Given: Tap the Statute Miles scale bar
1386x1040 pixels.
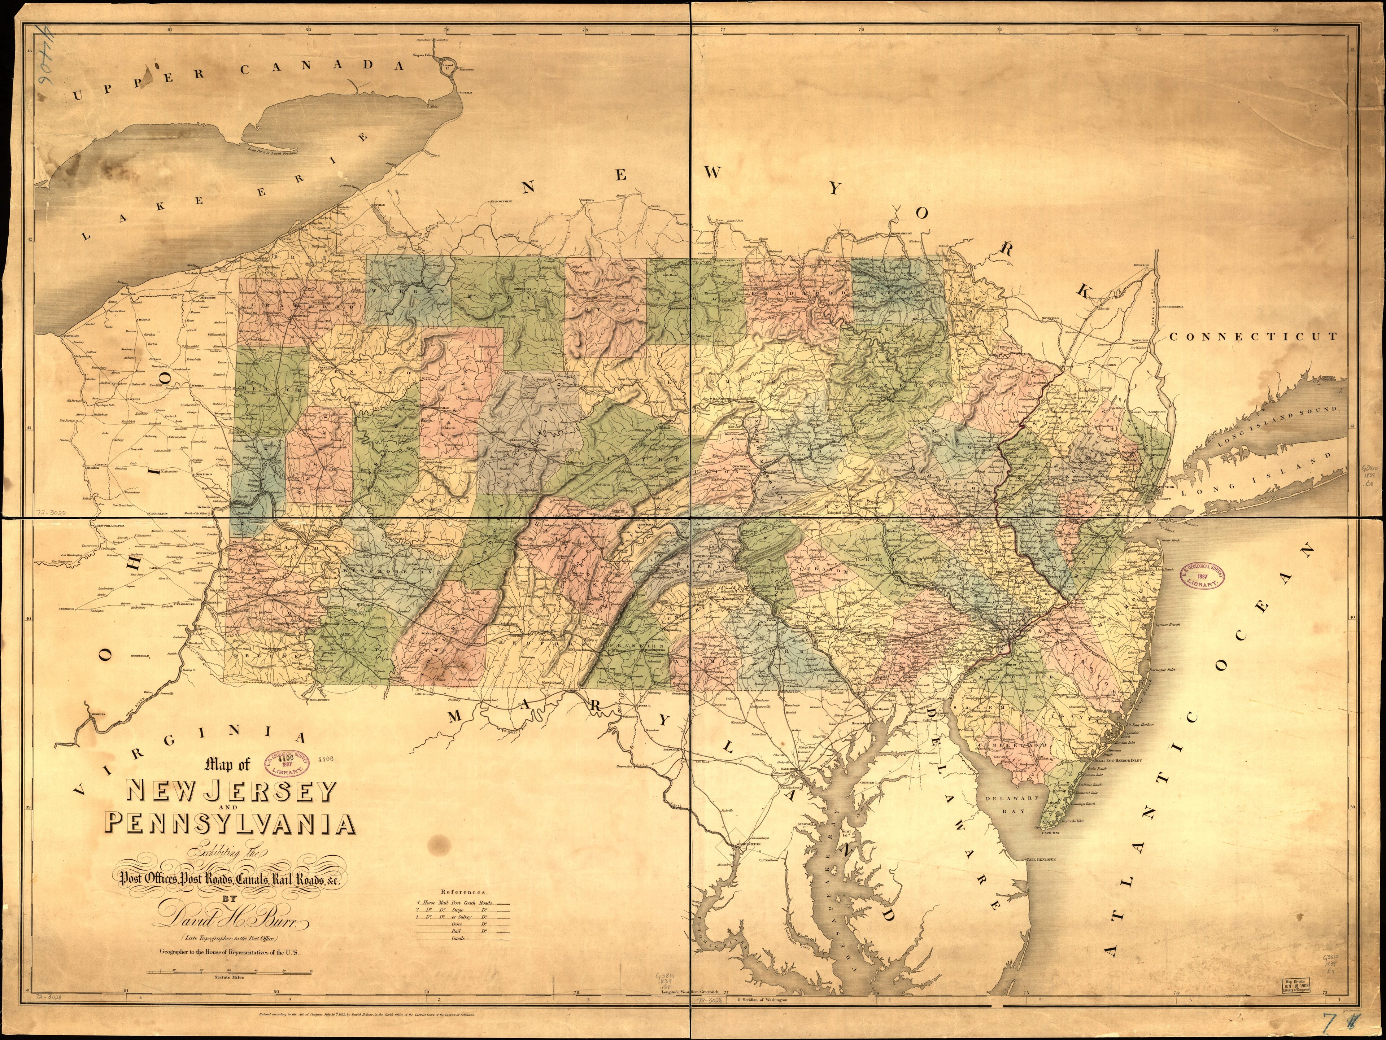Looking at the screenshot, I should pyautogui.click(x=229, y=971).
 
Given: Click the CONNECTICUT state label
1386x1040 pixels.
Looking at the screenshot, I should pyautogui.click(x=1253, y=336).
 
